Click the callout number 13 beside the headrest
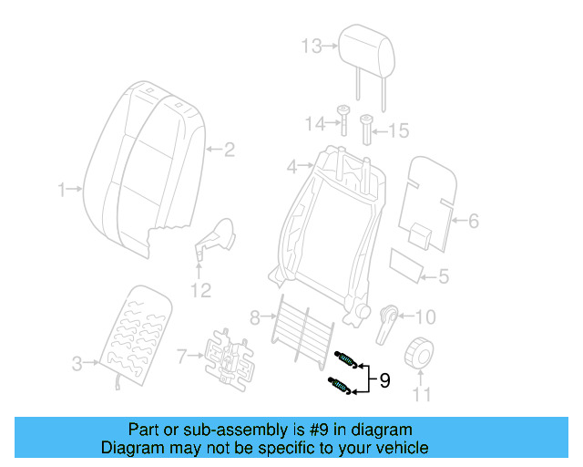[x=312, y=46]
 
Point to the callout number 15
[x=399, y=131]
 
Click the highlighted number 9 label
[x=384, y=380]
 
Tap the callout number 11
[x=421, y=395]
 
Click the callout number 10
[x=424, y=317]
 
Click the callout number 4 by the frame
[x=292, y=167]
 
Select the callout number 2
[x=230, y=149]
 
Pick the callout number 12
[x=199, y=290]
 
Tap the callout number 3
[x=77, y=365]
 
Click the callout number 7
[x=182, y=354]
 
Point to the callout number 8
[x=256, y=317]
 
